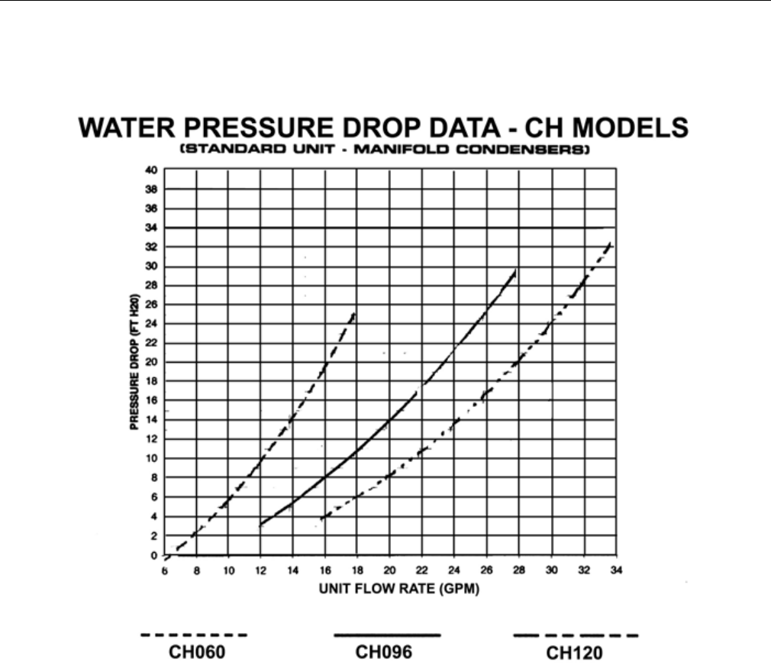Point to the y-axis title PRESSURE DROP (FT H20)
click(x=134, y=362)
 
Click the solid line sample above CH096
click(x=387, y=635)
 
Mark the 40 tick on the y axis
click(x=151, y=170)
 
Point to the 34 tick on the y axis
click(x=151, y=228)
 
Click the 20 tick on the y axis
click(x=151, y=362)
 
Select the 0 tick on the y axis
click(x=154, y=555)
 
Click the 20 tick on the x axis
click(x=389, y=571)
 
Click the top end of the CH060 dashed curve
click(x=353, y=312)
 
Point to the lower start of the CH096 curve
click(x=261, y=525)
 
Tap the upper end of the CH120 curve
click(x=610, y=244)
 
